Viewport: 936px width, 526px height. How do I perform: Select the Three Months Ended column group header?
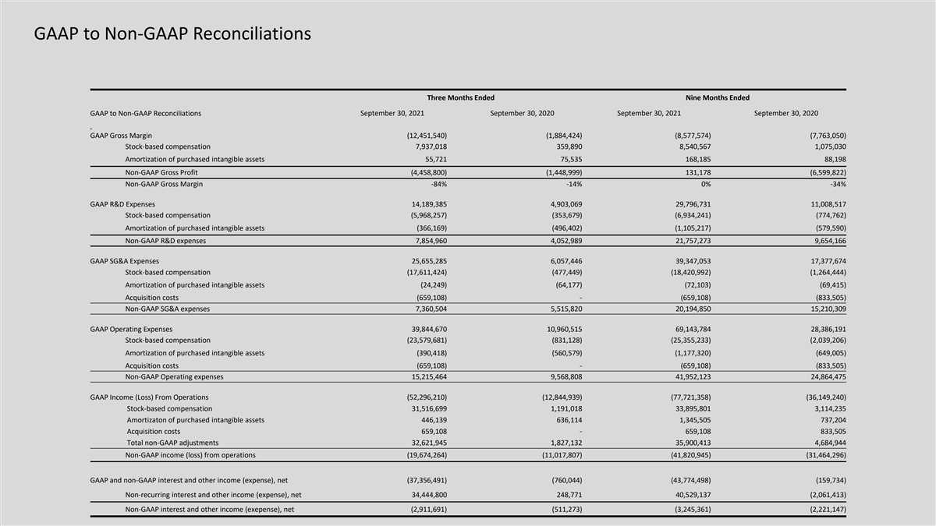[460, 97]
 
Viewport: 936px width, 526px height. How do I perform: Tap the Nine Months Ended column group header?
[717, 97]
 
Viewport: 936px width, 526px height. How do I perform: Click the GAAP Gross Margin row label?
[121, 136]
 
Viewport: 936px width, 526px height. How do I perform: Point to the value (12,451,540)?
[421, 136]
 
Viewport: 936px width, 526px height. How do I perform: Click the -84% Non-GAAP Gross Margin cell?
[436, 184]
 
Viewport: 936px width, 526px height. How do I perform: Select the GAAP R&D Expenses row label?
[122, 204]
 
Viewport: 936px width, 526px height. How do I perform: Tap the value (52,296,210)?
[421, 397]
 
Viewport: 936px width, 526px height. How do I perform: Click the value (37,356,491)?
[421, 481]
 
